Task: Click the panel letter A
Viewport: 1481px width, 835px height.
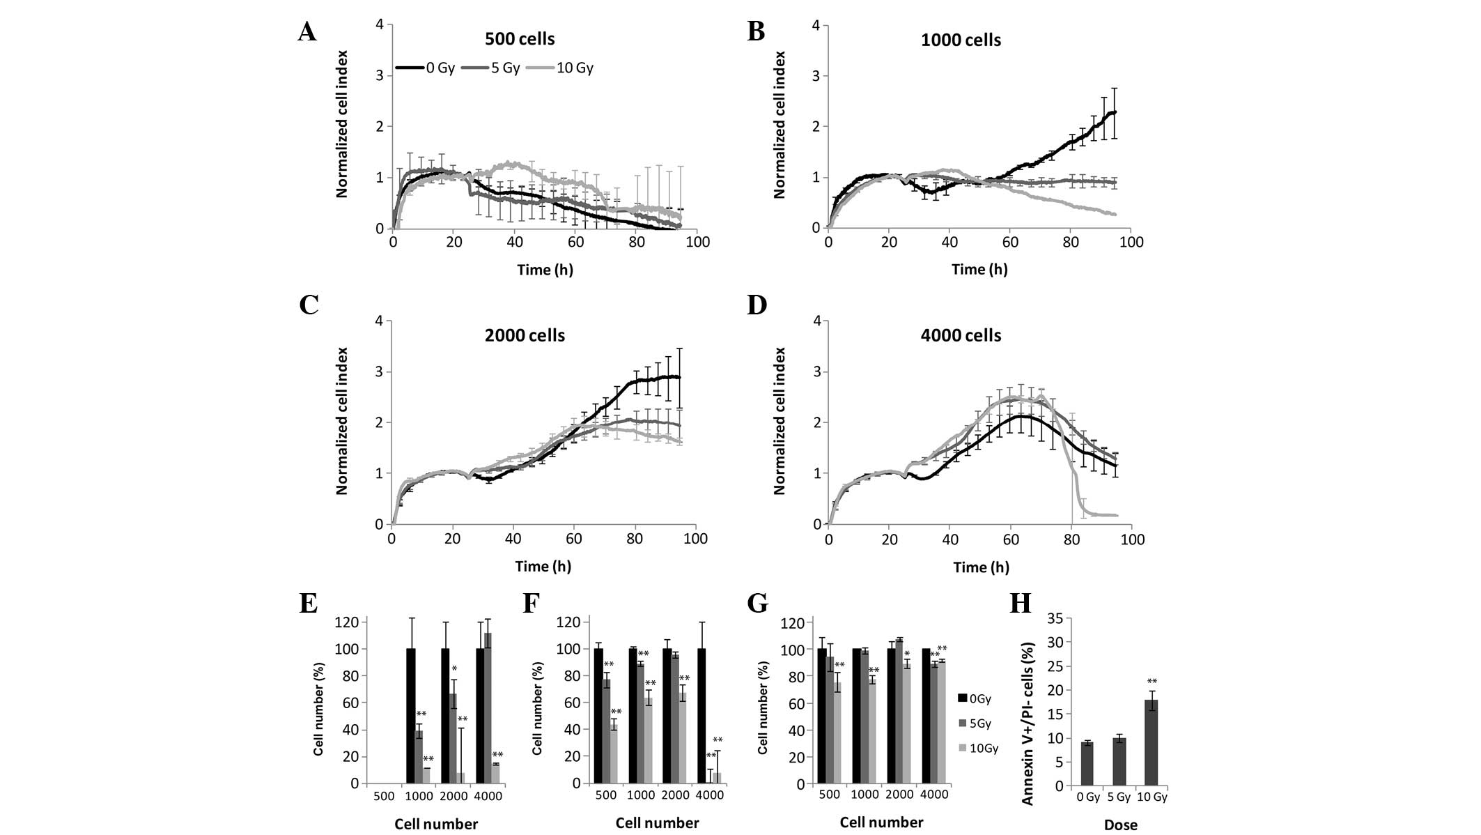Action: [x=307, y=31]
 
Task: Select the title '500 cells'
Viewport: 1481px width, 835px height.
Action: [x=520, y=39]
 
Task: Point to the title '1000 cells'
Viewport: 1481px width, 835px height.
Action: [x=961, y=40]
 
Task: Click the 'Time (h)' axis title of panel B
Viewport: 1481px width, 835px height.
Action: [x=979, y=269]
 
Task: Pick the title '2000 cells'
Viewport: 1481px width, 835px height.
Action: [x=525, y=335]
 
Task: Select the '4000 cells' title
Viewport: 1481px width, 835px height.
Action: [x=961, y=335]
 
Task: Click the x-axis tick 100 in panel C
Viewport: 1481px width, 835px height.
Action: [x=695, y=539]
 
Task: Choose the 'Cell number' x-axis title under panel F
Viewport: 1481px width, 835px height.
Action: [x=657, y=823]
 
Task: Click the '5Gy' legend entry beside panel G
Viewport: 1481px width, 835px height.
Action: [x=979, y=723]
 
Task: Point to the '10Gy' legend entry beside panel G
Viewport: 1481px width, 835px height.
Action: [x=983, y=748]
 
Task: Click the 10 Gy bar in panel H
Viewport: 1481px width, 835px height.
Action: [x=1152, y=743]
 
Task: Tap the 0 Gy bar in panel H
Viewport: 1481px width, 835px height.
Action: [x=1087, y=764]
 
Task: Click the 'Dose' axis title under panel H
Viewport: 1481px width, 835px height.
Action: [x=1120, y=825]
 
